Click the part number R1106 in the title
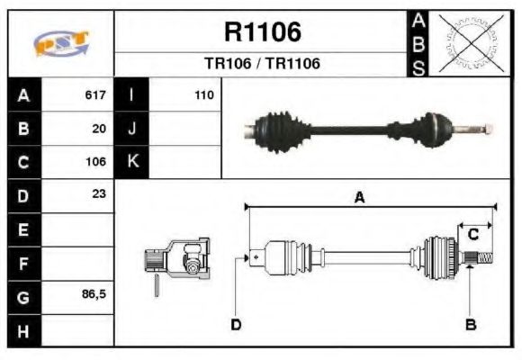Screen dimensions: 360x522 click(262, 32)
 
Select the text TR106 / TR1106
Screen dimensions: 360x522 click(262, 64)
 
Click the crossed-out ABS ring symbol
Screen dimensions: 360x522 click(468, 43)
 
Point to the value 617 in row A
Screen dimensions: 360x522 click(95, 94)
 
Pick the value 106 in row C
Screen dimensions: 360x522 click(95, 163)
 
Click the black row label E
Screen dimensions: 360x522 click(24, 229)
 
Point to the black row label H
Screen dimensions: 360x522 click(24, 330)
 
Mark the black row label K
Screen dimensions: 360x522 click(132, 162)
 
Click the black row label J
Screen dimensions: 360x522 click(132, 129)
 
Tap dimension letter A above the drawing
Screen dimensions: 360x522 click(359, 198)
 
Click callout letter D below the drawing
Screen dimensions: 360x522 click(236, 324)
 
